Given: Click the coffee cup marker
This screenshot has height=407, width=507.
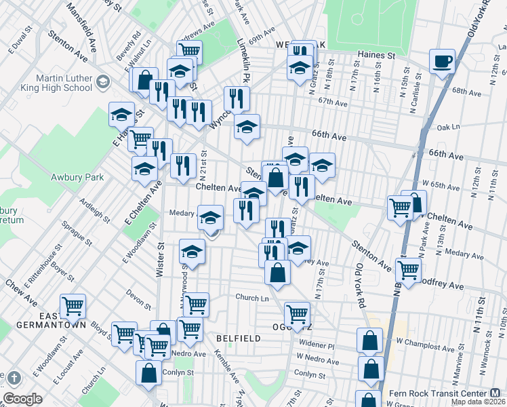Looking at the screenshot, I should pos(442,62).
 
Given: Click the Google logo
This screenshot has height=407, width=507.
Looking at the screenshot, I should pos(22,399).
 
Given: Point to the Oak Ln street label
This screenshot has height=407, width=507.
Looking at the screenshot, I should pos(448,127).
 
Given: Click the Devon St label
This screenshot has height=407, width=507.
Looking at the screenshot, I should pos(138,296).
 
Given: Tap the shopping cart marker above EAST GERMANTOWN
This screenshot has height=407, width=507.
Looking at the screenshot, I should pos(73,306).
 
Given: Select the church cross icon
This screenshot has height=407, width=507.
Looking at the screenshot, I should pos(14,377).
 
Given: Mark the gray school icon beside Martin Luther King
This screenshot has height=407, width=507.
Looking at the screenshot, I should pos(102,82).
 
